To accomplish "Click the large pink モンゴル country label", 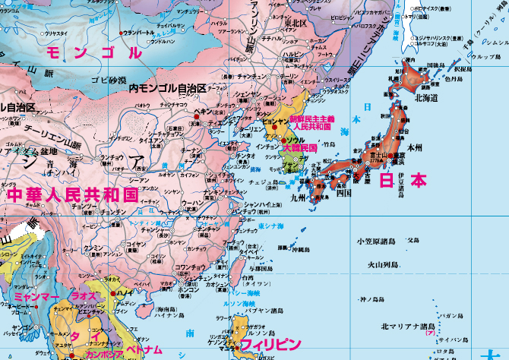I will (94, 53).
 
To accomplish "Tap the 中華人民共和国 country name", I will (73, 194).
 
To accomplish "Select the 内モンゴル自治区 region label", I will (167, 88).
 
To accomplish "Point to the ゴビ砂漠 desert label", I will (108, 80).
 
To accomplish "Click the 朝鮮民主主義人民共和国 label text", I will (312, 122).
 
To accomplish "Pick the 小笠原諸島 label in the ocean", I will (375, 242).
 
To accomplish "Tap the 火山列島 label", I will (384, 265).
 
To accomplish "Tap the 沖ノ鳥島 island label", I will (371, 299).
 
